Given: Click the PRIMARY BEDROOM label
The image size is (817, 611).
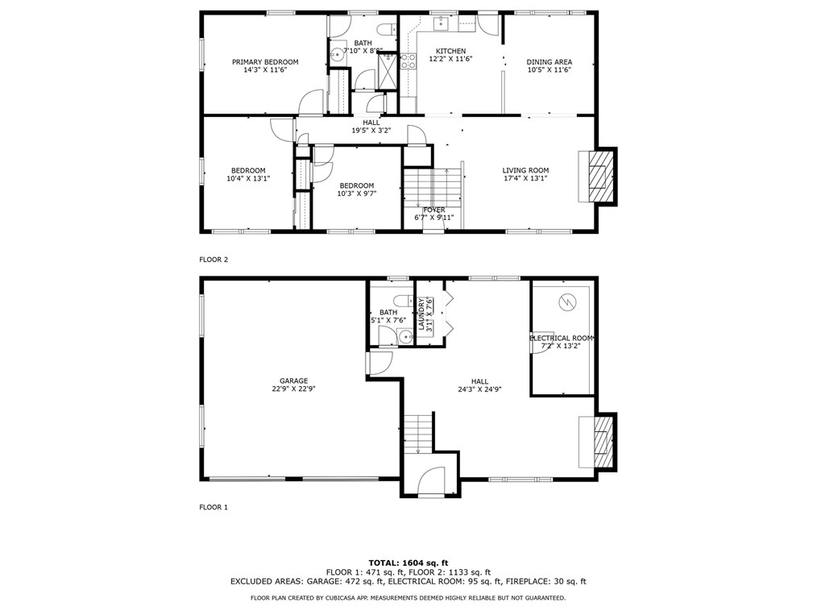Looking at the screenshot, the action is pos(265,62).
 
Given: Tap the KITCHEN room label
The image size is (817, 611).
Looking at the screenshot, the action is pos(450,51).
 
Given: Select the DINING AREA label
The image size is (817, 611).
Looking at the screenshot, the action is pos(550,62).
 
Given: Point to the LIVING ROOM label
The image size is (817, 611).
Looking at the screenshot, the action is pos(525,170).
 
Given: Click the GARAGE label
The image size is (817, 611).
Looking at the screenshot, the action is pos(294,381).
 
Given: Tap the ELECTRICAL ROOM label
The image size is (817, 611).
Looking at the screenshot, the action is pos(561,339).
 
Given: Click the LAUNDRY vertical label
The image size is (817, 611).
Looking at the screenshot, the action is pos(421,314).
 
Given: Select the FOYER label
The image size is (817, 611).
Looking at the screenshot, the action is pos(434,210).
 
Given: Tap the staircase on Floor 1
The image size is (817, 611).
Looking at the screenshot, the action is pos(418,433).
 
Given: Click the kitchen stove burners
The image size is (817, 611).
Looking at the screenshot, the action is pos(408,61).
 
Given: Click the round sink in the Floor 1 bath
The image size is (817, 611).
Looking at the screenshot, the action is pos(404,337).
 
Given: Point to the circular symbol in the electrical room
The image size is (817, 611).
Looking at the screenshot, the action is pos(566,301).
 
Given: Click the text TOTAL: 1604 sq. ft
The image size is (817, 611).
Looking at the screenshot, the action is pos(408,563).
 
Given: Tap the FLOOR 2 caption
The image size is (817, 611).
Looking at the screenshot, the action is pos(214,260).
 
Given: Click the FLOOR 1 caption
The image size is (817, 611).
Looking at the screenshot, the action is pos(214,507).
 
